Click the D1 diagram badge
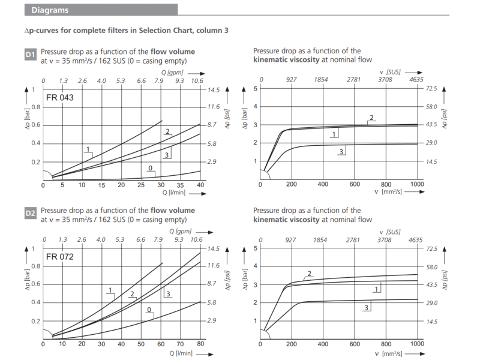[x=31, y=55]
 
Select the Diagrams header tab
[x=50, y=10]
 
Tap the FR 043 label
[x=60, y=97]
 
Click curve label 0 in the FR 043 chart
[x=151, y=168]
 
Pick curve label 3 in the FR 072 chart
[x=168, y=293]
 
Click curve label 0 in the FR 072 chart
[x=149, y=310]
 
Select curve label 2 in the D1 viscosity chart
[x=372, y=118]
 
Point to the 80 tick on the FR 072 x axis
[x=200, y=344]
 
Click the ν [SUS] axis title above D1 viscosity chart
[x=394, y=72]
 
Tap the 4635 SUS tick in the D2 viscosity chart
[x=416, y=239]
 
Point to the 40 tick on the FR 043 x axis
[x=200, y=185]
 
